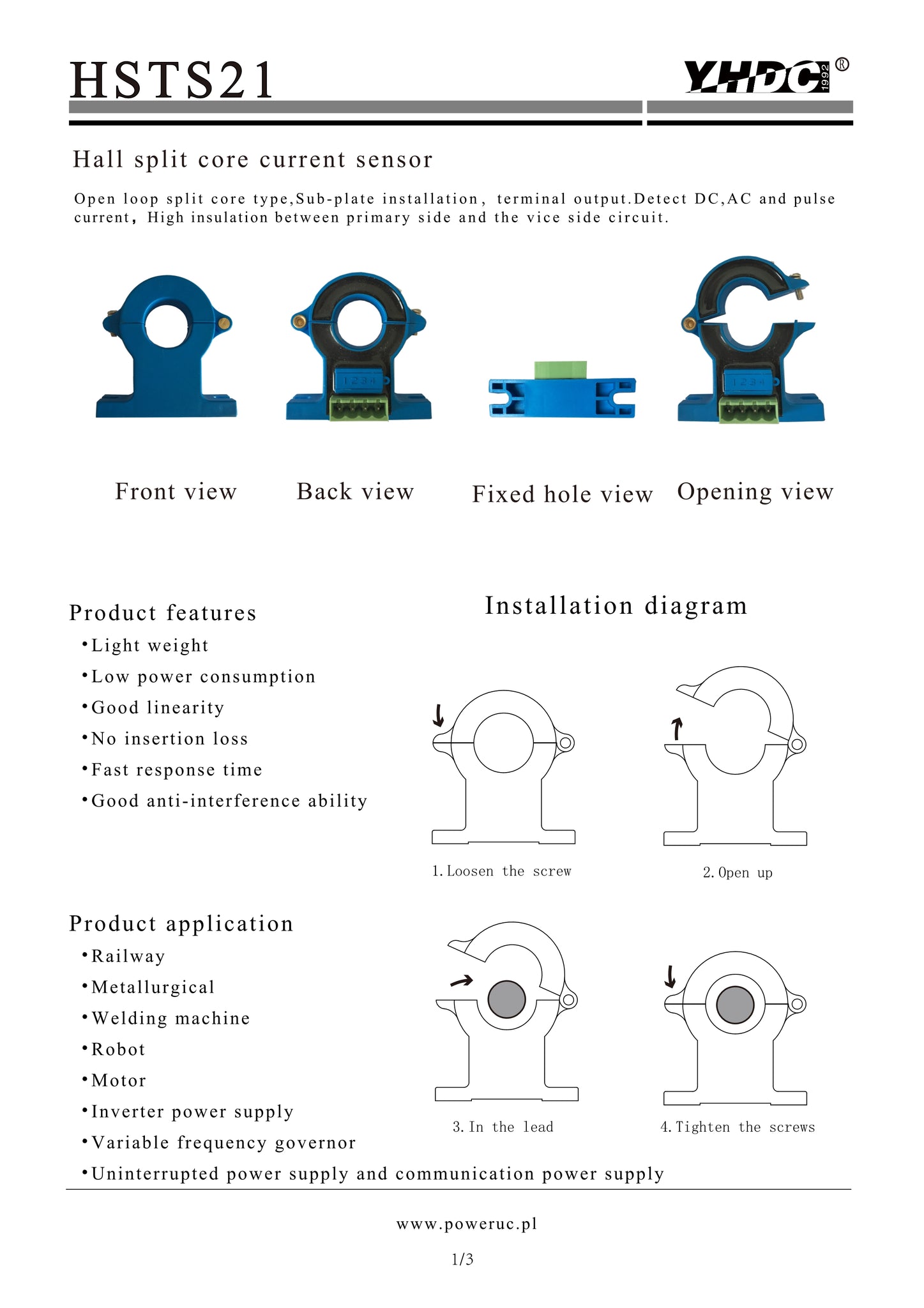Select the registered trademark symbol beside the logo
coord(842,65)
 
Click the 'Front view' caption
coord(176,491)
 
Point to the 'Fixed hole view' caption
coord(562,494)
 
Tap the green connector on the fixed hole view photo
coord(561,370)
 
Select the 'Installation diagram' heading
coord(616,605)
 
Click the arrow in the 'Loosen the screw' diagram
coord(438,715)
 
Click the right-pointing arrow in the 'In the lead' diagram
coord(461,980)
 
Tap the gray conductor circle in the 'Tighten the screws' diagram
coord(735,1004)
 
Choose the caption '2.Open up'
coord(738,872)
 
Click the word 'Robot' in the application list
coord(118,1049)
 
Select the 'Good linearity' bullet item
coord(153,708)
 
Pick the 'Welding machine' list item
coord(165,1018)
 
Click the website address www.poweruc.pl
coord(467,1224)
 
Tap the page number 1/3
coord(462,1259)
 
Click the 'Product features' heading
coord(163,612)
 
